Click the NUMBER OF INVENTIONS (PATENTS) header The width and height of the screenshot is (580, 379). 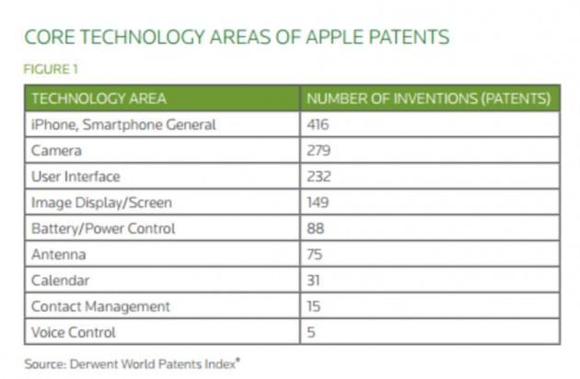(x=428, y=98)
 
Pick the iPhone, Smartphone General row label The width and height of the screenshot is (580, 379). (x=123, y=124)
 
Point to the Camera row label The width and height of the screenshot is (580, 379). (x=57, y=150)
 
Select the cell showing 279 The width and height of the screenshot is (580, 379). (x=319, y=150)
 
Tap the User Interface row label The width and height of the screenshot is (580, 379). (x=75, y=176)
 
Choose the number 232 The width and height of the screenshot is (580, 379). (x=319, y=176)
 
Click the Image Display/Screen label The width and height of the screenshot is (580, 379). (x=101, y=202)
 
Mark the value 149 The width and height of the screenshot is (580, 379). (x=319, y=202)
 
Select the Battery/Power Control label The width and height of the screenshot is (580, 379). (x=103, y=228)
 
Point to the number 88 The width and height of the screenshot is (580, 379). (x=315, y=228)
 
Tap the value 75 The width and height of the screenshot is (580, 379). (x=315, y=254)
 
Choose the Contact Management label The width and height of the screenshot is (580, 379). (x=100, y=306)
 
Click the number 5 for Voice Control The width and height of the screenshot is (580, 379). (x=311, y=332)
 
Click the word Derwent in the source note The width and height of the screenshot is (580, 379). (x=92, y=363)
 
